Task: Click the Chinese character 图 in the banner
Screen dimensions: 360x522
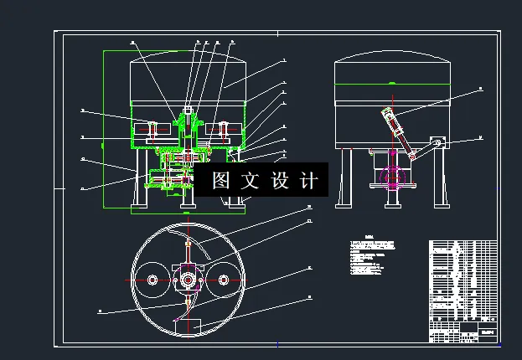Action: pos(220,180)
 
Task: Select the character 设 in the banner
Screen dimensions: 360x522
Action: pos(280,180)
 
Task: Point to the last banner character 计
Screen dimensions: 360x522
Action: pos(309,180)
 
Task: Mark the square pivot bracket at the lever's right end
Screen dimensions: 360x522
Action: pos(436,144)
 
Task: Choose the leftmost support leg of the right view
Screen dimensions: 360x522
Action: pos(345,177)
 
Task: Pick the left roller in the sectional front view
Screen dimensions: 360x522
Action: pos(154,131)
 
